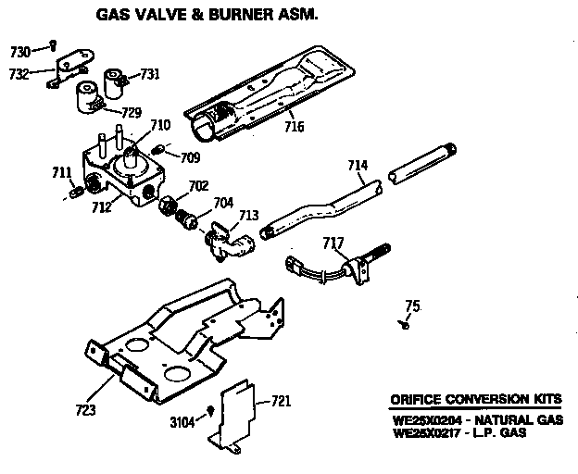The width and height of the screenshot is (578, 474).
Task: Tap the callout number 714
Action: (358, 166)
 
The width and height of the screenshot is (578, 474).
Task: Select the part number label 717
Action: (333, 243)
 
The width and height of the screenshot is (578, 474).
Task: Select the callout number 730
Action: (20, 51)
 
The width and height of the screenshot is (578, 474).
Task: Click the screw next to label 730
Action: (55, 43)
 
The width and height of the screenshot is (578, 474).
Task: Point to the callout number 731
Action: (149, 74)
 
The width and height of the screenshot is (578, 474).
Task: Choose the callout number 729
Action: (131, 113)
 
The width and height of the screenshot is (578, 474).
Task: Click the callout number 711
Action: (62, 172)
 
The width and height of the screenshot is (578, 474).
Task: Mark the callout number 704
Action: (223, 201)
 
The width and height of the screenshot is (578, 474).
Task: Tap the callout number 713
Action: (248, 216)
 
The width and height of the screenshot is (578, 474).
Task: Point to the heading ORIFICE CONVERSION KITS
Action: (474, 400)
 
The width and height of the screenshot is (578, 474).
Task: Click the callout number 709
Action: (190, 157)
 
